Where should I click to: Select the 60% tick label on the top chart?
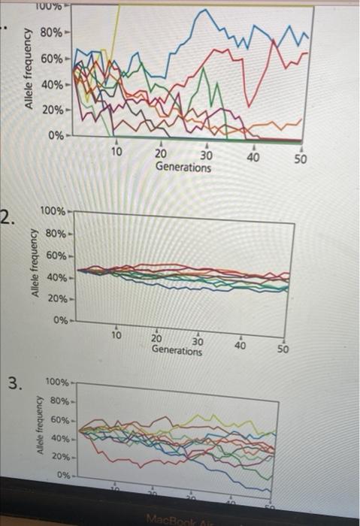[x=51, y=58]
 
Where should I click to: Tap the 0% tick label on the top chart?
[x=56, y=135]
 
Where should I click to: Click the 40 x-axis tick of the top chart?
[x=253, y=156]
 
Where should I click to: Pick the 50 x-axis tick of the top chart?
[x=301, y=159]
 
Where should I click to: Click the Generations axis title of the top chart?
[x=183, y=167]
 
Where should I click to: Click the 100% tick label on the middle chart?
[x=53, y=213]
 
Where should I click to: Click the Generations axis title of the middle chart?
[x=177, y=350]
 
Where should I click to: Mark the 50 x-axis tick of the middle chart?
[x=283, y=349]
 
